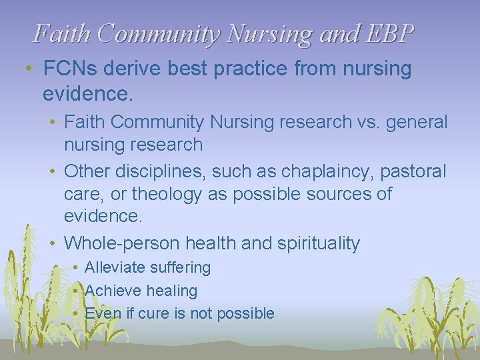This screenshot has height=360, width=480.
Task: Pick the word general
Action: coord(417,123)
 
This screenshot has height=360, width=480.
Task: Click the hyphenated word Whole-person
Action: coord(121,244)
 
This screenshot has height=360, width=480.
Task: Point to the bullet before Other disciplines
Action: coord(51,171)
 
